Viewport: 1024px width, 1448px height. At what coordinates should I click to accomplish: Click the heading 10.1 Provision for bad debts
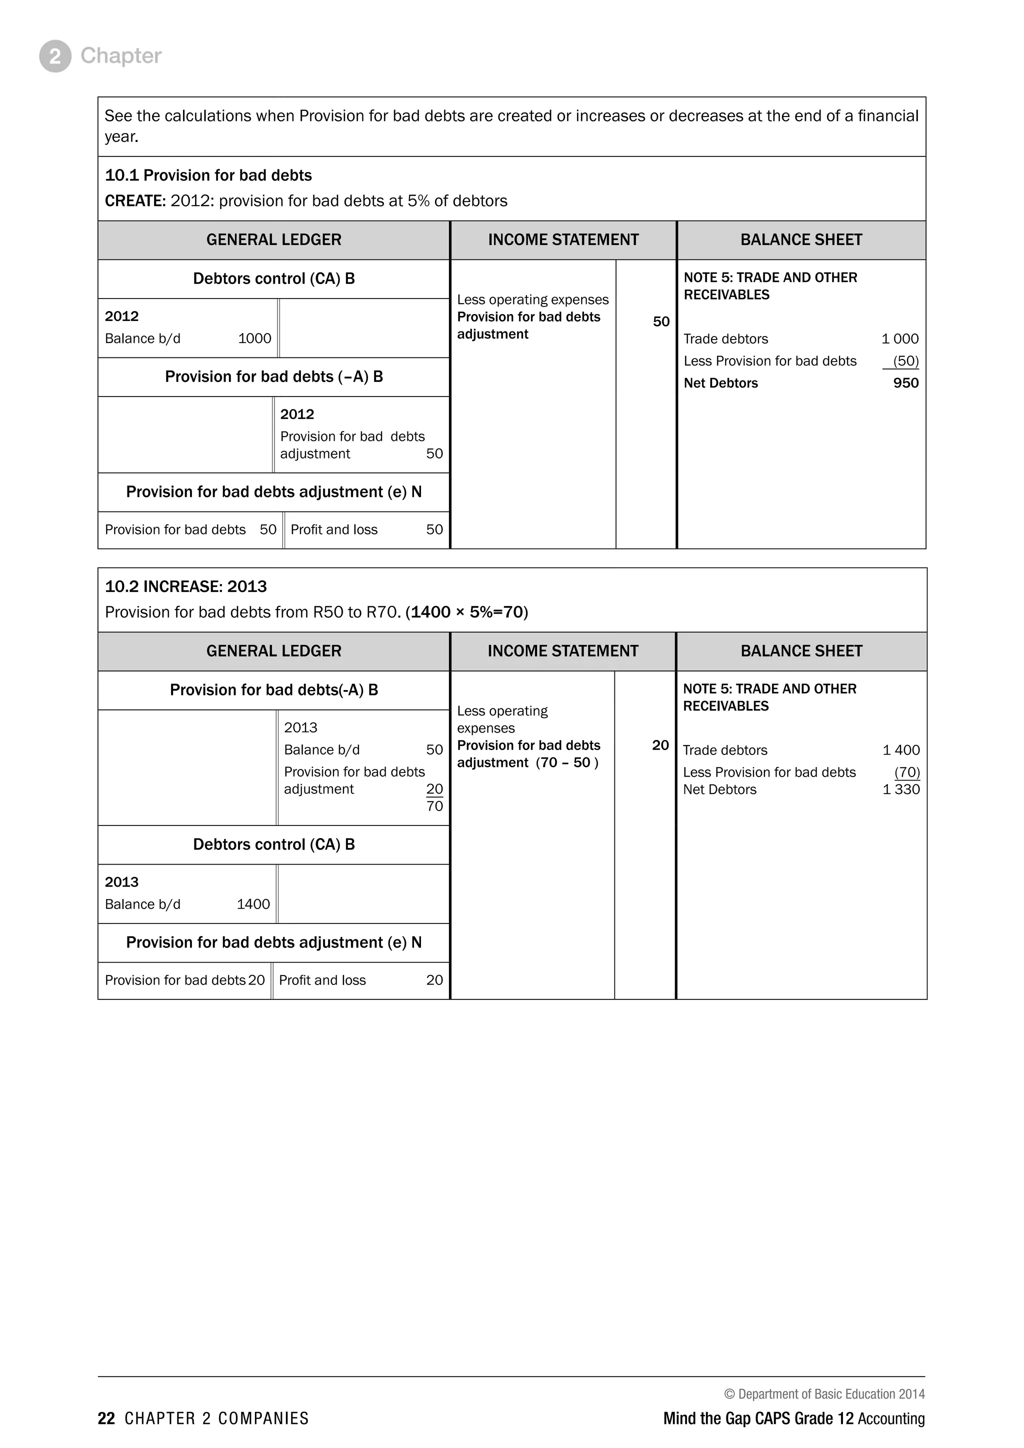pyautogui.click(x=208, y=175)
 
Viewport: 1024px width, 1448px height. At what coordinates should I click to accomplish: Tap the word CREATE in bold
pyautogui.click(x=135, y=201)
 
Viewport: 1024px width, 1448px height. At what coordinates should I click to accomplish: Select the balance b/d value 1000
pyautogui.click(x=254, y=338)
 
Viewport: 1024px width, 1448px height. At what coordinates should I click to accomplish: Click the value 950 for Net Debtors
pyautogui.click(x=905, y=383)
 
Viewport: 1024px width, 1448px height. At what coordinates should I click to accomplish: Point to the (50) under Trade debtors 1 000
pyautogui.click(x=905, y=361)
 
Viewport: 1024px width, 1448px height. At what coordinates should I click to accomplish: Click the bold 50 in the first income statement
pyautogui.click(x=661, y=321)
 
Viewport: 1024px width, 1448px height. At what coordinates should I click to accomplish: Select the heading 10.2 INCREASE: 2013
pyautogui.click(x=185, y=586)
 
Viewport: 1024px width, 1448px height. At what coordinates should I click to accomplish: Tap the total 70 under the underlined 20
pyautogui.click(x=434, y=806)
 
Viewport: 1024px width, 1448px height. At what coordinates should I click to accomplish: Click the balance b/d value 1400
pyautogui.click(x=253, y=904)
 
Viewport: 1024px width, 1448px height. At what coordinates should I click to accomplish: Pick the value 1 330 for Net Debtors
pyautogui.click(x=901, y=789)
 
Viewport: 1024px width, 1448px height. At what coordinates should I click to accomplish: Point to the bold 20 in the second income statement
pyautogui.click(x=660, y=745)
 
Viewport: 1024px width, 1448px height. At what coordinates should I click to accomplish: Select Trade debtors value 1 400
pyautogui.click(x=901, y=750)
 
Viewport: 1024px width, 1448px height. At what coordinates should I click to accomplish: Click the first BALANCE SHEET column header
pyautogui.click(x=801, y=239)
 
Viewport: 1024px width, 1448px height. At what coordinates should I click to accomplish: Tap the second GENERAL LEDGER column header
pyautogui.click(x=273, y=651)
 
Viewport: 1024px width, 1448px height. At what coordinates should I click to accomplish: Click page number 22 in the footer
pyautogui.click(x=106, y=1418)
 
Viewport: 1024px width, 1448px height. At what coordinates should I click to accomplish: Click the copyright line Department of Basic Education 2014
pyautogui.click(x=824, y=1394)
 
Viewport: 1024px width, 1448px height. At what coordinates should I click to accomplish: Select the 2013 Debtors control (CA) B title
pyautogui.click(x=273, y=844)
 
